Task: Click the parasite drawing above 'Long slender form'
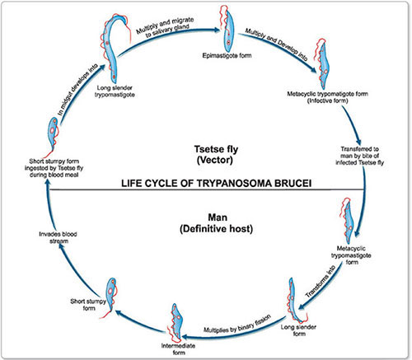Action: tap(298, 296)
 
